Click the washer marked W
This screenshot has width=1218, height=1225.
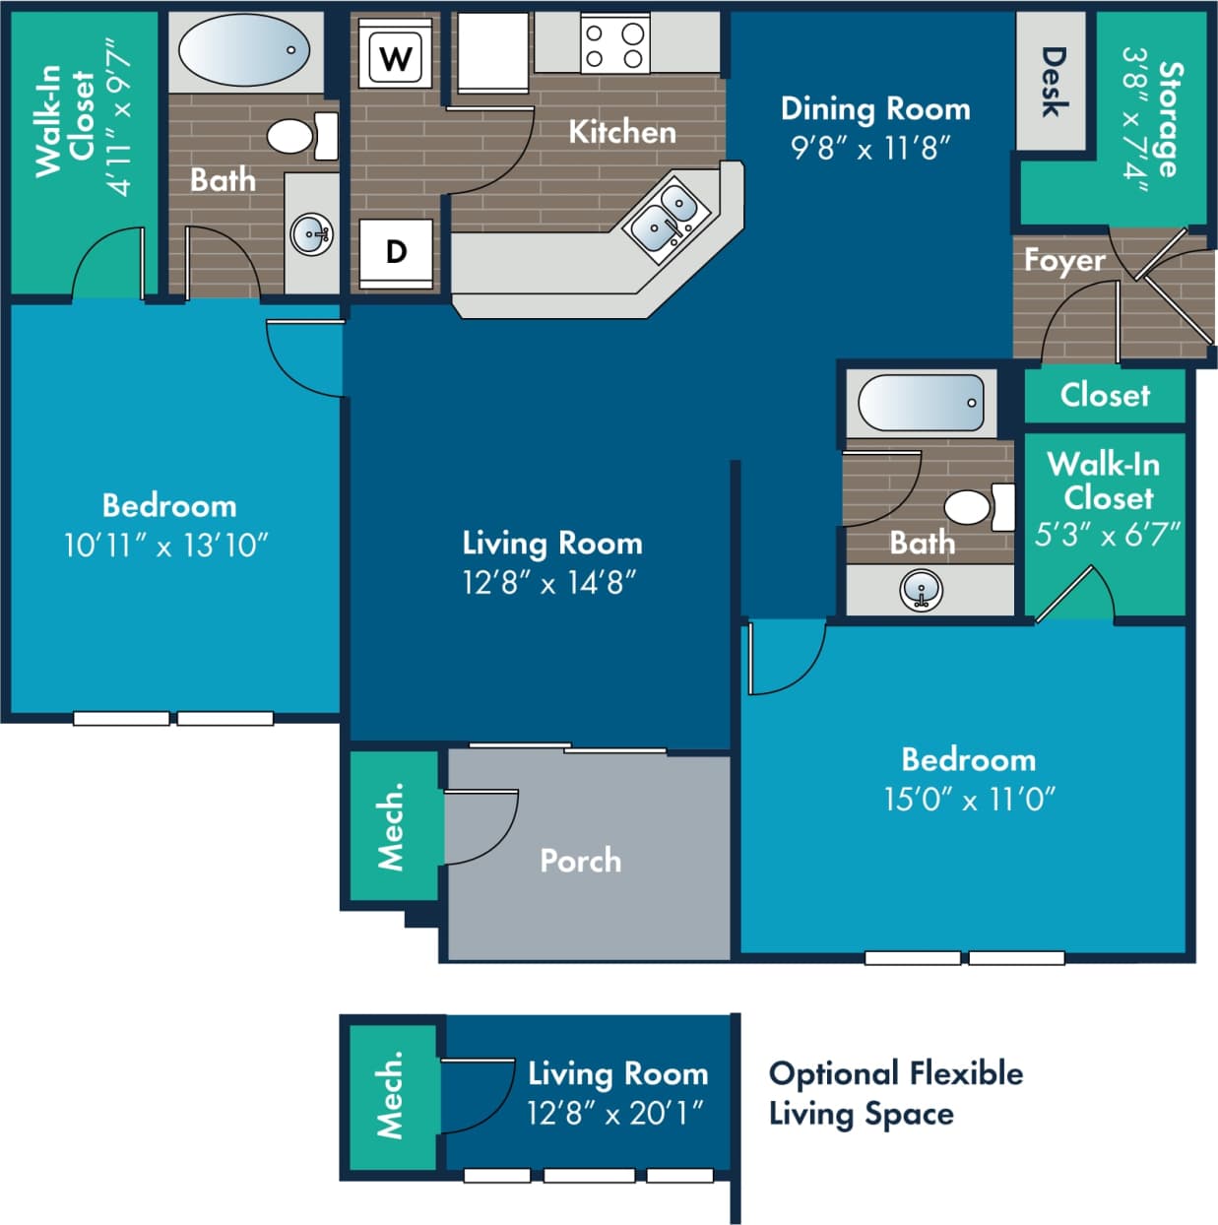click(396, 58)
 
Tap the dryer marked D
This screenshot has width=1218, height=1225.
click(396, 252)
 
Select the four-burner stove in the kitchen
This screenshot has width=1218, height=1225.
click(614, 45)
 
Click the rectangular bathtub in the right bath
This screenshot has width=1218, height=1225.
click(921, 402)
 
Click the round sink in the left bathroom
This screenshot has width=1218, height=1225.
click(311, 234)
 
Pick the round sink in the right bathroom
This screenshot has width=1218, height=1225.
click(922, 591)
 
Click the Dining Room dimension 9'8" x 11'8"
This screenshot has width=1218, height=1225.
click(870, 149)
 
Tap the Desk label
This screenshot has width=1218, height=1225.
click(1053, 82)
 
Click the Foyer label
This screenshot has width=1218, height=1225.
click(1063, 260)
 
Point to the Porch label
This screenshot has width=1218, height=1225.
click(580, 861)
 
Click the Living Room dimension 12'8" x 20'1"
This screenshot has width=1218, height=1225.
click(614, 1114)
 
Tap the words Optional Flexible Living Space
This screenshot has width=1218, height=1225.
click(894, 1093)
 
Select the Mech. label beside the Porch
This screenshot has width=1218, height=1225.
click(391, 826)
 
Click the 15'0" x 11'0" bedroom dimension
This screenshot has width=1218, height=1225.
click(969, 800)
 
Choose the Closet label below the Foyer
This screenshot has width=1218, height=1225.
click(1105, 395)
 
